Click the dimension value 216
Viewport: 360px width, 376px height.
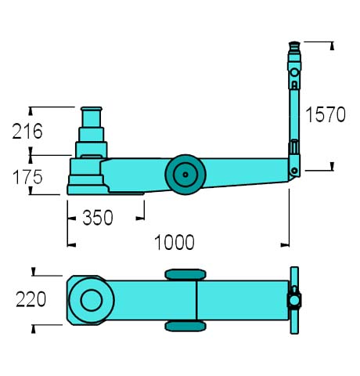[27, 131]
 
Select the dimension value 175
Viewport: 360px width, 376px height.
[27, 177]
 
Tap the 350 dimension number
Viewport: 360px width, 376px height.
[98, 218]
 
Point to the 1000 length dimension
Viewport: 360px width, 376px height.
[175, 242]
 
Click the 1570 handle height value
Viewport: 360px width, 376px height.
[326, 114]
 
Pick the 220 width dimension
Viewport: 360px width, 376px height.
[31, 299]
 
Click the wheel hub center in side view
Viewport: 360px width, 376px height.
[185, 175]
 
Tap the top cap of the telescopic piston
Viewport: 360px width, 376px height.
[92, 109]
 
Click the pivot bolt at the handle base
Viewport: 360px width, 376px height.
[294, 171]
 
